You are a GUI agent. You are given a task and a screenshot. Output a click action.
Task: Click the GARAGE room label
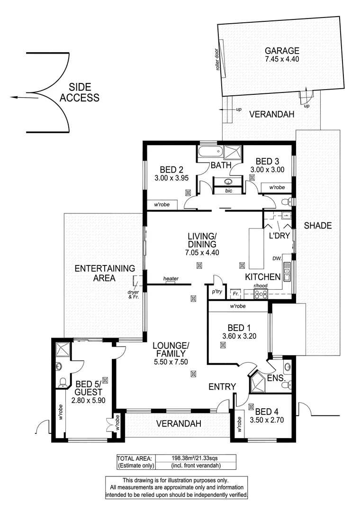point(282,51)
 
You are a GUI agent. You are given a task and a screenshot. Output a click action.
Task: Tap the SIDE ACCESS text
point(83,93)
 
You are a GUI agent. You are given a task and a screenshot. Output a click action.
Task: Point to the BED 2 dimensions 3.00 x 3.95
point(171,178)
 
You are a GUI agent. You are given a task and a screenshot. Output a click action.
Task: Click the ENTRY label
point(222,387)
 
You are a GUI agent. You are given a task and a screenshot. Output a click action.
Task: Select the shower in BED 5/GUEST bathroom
point(63,350)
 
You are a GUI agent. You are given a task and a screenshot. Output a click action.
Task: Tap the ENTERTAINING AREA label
point(105,273)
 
